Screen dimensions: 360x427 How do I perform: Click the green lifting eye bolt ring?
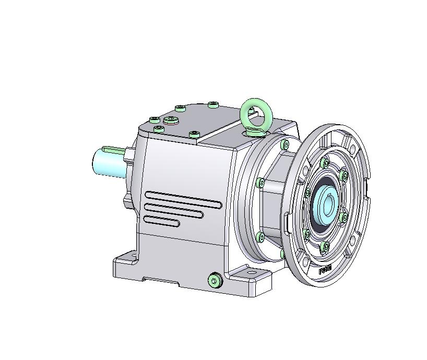point(255,112)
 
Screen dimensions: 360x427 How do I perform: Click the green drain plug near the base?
point(215,281)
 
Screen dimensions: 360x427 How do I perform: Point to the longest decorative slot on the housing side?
point(183,199)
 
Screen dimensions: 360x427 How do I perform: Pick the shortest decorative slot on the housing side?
point(162,221)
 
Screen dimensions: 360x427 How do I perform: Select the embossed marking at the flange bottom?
point(325,270)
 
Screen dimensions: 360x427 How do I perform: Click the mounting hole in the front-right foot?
point(254,272)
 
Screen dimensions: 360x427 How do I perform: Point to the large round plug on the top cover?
point(171,121)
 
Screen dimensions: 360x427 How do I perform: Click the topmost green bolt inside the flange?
point(326,163)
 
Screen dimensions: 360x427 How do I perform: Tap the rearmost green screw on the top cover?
point(212,105)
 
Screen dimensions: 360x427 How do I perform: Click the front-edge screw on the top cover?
point(194,134)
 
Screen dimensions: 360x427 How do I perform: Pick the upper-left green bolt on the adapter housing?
point(260,183)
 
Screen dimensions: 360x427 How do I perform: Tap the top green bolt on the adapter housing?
point(284,144)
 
